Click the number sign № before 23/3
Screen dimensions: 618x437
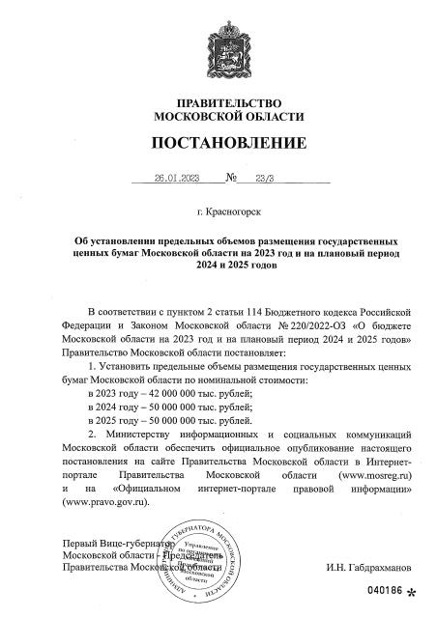pos(232,179)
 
